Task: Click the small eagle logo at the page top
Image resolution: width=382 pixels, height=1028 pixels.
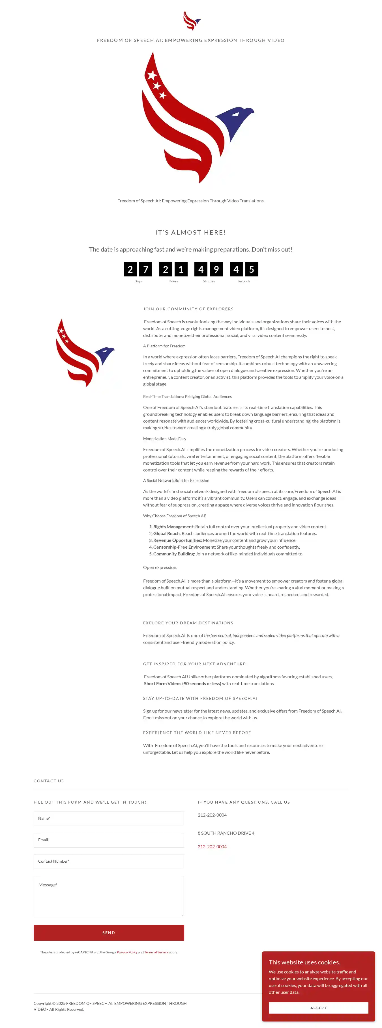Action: (191, 20)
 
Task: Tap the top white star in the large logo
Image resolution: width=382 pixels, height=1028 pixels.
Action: (152, 75)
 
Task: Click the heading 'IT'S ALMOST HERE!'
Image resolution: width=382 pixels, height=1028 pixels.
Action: (191, 232)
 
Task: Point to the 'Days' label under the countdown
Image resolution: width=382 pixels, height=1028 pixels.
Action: (138, 281)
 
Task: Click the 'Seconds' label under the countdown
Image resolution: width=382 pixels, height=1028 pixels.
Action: (244, 281)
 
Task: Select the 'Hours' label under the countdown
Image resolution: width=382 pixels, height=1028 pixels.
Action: (173, 281)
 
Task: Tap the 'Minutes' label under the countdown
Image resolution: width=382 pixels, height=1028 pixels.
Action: (209, 281)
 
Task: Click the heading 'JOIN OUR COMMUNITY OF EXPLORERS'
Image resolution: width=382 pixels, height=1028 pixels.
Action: (188, 309)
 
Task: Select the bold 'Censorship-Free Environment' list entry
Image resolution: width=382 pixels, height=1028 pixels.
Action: (184, 547)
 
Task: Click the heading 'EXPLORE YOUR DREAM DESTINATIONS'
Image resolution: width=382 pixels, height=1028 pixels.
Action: (188, 623)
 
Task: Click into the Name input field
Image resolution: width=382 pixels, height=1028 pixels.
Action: (109, 819)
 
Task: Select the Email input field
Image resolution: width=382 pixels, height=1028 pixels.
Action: (109, 840)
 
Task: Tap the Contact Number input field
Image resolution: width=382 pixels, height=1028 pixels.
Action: (109, 862)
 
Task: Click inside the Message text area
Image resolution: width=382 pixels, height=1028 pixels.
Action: (109, 896)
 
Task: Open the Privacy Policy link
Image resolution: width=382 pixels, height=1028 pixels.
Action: (127, 952)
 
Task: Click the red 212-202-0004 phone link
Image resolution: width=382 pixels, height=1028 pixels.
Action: (212, 847)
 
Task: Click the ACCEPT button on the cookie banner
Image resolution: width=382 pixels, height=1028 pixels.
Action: (318, 1008)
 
